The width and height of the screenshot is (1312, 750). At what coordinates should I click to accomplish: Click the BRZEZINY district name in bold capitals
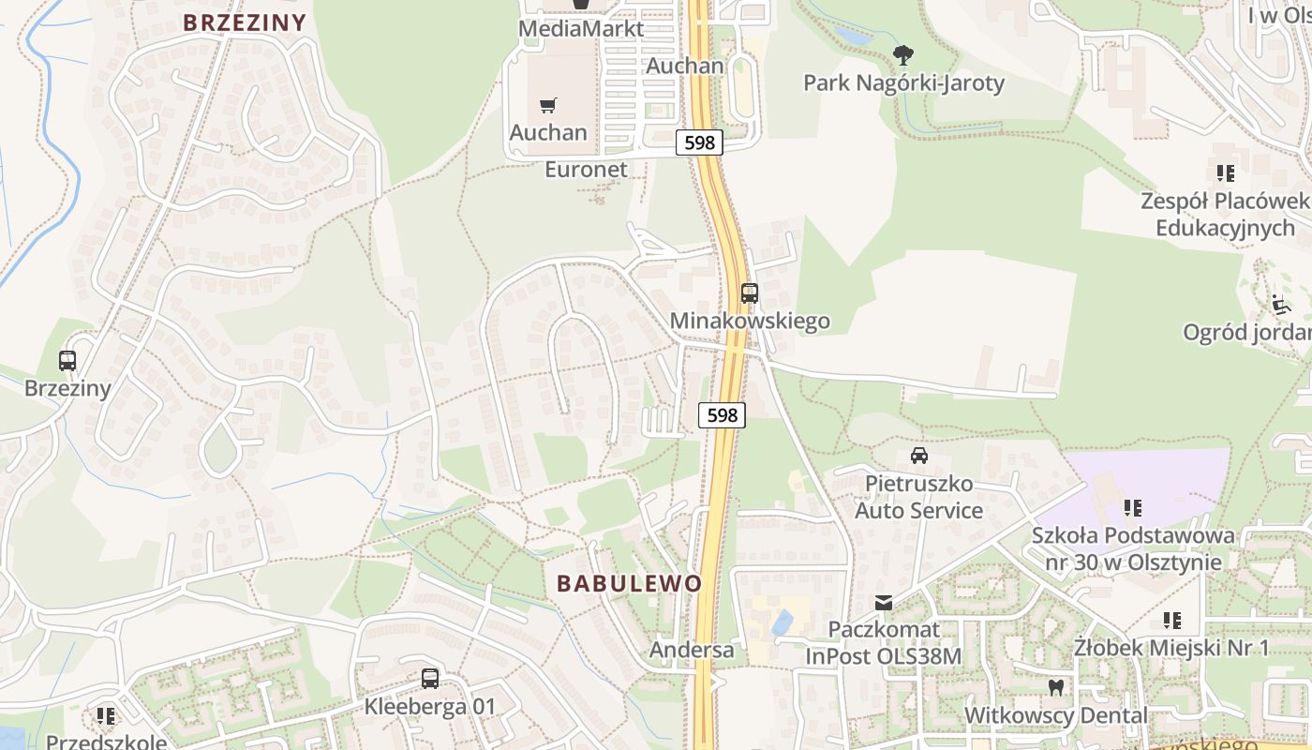(x=245, y=22)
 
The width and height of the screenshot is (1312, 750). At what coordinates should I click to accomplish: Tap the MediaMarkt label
(x=581, y=29)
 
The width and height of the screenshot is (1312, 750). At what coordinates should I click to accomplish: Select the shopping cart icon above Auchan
(x=548, y=106)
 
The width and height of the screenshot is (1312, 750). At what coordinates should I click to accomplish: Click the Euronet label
(x=586, y=170)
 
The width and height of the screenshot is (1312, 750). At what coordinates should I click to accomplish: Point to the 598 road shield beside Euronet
(x=699, y=142)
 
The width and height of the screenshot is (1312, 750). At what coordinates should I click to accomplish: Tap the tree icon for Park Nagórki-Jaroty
(x=902, y=54)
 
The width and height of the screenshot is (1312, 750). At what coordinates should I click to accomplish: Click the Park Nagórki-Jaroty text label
(x=903, y=83)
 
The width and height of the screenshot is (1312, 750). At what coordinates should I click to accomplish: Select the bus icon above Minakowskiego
(x=749, y=293)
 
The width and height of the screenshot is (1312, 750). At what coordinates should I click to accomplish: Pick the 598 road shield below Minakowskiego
(x=722, y=414)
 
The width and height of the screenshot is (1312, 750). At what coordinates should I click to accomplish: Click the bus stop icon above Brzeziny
(x=67, y=361)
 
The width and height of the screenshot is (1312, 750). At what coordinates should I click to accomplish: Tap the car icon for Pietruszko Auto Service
(x=919, y=456)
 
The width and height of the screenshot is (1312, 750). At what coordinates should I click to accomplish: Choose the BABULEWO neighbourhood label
(x=629, y=583)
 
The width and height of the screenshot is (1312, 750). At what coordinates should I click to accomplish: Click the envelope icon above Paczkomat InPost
(x=884, y=602)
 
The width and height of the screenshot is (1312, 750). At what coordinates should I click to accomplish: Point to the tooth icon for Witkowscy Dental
(x=1056, y=687)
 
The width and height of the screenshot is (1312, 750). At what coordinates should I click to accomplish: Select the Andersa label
(x=693, y=650)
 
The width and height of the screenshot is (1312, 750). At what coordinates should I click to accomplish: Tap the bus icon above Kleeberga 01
(x=430, y=678)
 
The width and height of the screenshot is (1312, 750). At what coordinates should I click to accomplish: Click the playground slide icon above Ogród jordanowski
(x=1280, y=304)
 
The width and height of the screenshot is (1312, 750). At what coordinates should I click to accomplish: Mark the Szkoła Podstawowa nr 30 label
(x=1133, y=548)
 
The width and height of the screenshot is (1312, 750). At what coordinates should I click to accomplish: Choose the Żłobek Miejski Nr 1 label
(x=1171, y=648)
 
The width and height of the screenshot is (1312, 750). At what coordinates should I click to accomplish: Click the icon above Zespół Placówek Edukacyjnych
(x=1225, y=173)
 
